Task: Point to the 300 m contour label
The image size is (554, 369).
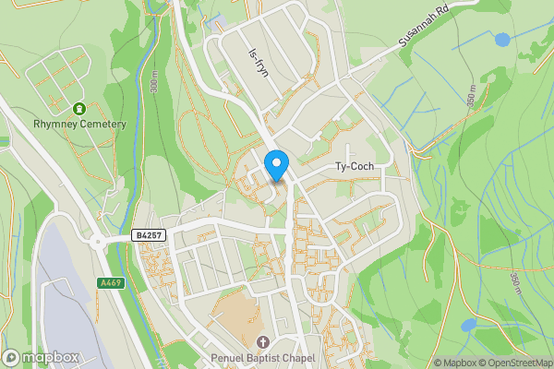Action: coord(154,88)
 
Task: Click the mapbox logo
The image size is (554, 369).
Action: coord(40,357)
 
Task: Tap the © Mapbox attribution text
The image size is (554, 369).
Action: coord(457,363)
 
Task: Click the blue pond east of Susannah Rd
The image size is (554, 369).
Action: coord(502,40)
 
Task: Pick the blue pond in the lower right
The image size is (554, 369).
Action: coord(469,325)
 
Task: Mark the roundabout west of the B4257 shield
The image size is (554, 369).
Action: coord(98,243)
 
